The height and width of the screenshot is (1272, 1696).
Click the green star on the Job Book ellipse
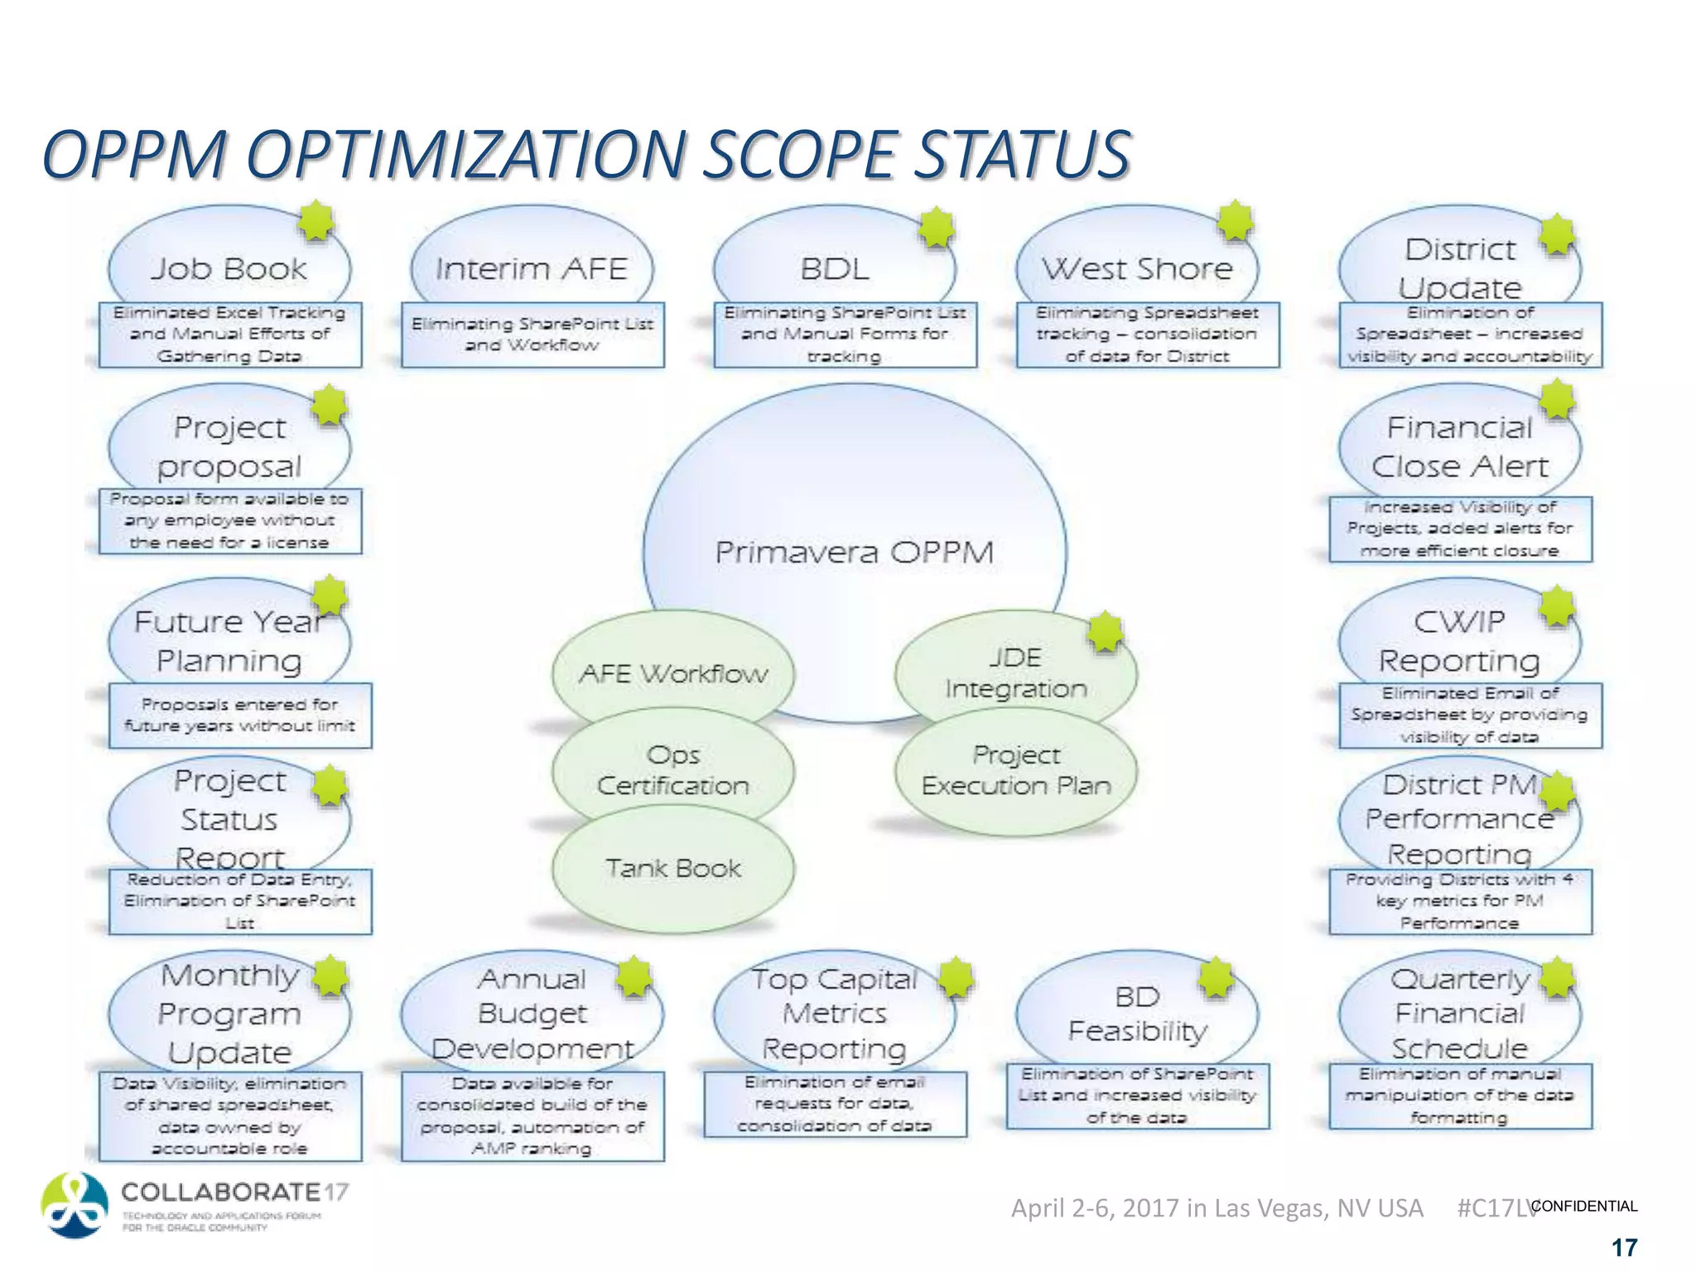click(316, 221)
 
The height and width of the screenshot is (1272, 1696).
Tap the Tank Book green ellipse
click(673, 868)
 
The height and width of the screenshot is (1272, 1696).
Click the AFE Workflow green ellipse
click(673, 672)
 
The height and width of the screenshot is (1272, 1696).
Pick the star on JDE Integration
click(1105, 634)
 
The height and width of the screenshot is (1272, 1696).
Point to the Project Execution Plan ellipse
click(1016, 770)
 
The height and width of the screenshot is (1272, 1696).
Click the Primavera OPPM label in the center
click(854, 552)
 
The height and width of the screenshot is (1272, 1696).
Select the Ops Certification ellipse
click(673, 770)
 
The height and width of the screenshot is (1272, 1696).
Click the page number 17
click(1624, 1247)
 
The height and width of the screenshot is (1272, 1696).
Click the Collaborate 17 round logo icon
click(75, 1205)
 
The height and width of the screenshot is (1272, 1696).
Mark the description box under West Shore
click(1147, 335)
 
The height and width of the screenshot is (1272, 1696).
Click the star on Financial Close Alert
click(1557, 400)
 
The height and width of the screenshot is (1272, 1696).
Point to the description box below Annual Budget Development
click(532, 1115)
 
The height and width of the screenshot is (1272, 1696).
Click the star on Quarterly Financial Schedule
click(1557, 977)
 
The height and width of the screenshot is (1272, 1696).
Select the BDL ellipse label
click(834, 267)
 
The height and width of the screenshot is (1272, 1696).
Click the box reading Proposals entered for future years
click(239, 715)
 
